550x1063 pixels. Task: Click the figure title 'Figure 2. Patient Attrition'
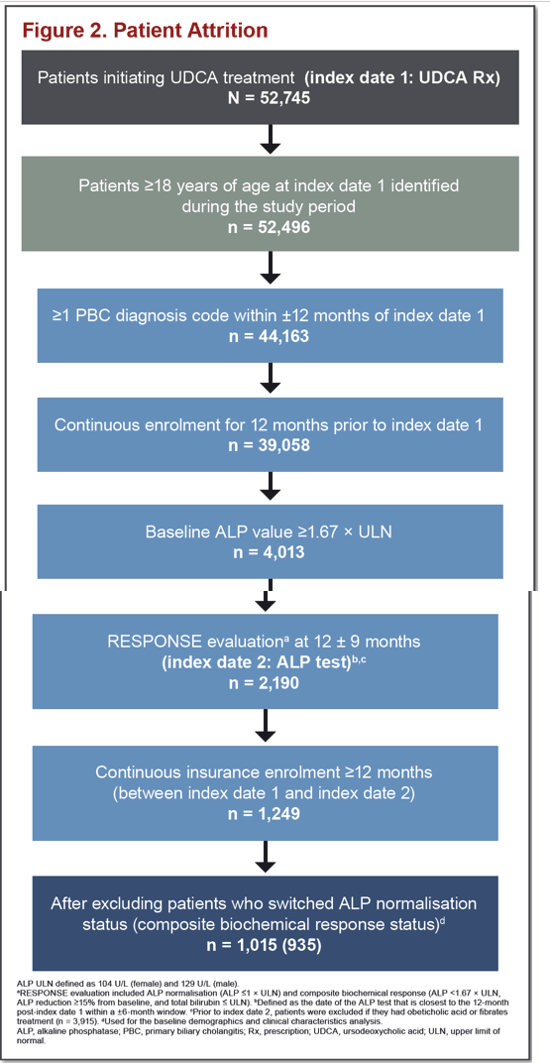[x=145, y=31]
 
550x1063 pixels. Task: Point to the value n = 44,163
[x=270, y=334]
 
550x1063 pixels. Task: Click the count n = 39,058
[x=270, y=443]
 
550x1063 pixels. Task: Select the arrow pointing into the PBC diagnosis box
[x=271, y=269]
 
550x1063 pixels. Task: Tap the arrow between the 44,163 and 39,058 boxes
[x=271, y=378]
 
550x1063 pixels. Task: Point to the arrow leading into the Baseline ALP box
[x=271, y=486]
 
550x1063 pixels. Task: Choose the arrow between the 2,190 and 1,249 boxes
[x=271, y=729]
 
